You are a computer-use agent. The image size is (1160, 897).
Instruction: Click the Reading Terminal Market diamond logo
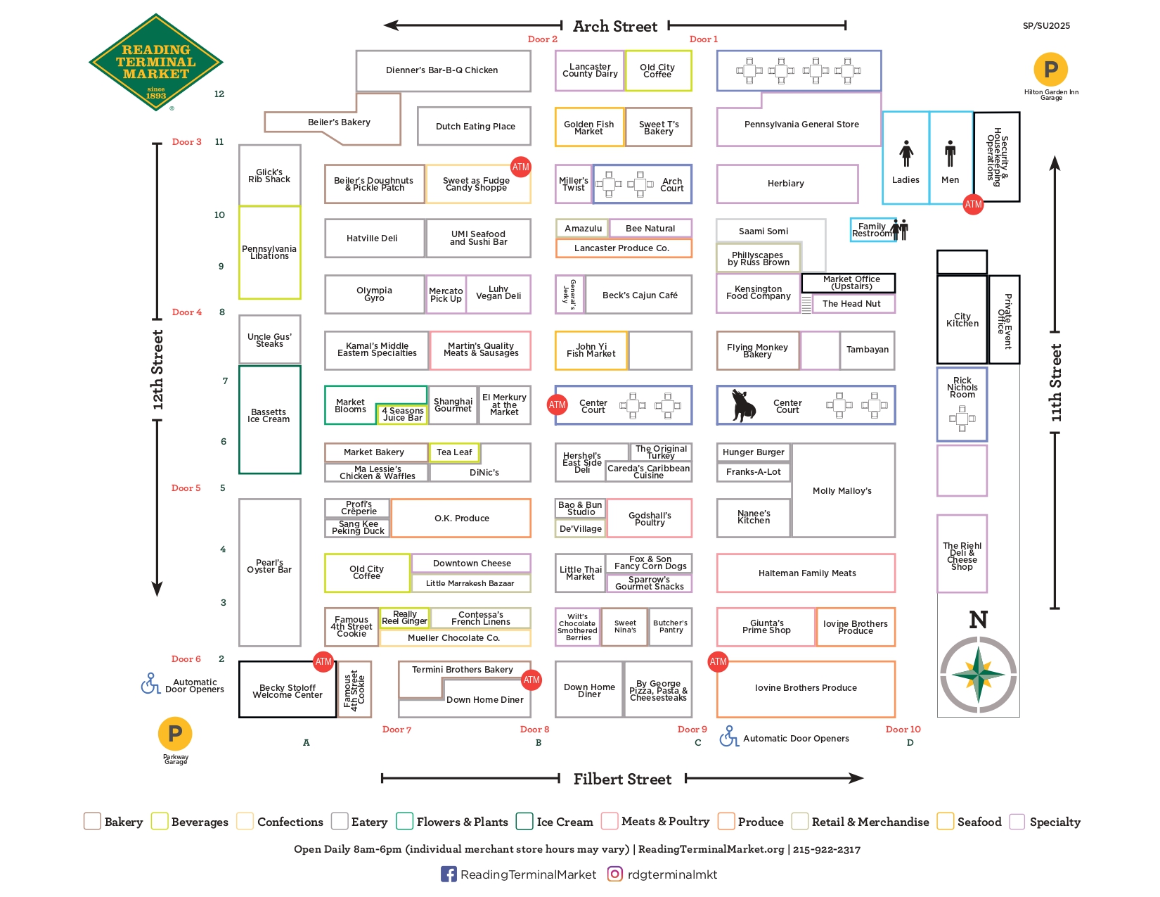155,63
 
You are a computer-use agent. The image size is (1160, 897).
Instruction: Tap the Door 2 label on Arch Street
542,39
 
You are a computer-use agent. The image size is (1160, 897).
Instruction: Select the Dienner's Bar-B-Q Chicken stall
442,70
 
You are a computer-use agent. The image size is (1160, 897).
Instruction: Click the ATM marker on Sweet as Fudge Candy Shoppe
520,167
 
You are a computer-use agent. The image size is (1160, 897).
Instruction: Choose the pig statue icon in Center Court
743,405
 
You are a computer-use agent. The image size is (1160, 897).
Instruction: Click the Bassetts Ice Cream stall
269,419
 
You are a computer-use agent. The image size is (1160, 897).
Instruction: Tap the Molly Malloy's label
842,490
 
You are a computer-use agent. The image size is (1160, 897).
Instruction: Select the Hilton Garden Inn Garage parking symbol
1050,69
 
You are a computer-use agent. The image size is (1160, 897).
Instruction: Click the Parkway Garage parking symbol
174,734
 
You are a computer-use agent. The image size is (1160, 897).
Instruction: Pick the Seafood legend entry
969,821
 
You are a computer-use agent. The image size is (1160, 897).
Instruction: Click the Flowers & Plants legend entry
452,821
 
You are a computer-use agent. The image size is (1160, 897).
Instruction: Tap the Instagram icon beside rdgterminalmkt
614,874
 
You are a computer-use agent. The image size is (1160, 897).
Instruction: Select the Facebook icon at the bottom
449,874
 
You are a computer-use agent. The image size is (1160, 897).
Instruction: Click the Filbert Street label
622,778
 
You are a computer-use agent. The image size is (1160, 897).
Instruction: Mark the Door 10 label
903,729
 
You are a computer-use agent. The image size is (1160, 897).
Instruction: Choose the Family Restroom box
872,230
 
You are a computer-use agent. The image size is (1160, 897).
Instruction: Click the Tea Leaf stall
453,452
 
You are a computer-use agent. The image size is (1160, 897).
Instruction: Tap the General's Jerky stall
569,294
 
